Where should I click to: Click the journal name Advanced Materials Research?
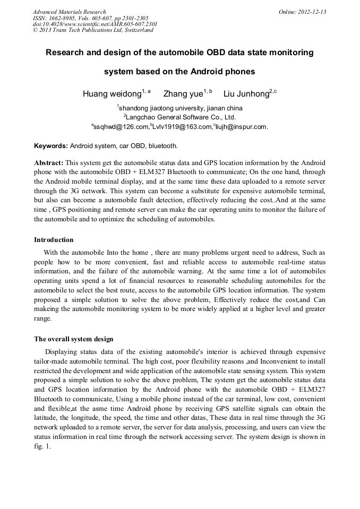tap(69, 12)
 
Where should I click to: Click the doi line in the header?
tap(95, 24)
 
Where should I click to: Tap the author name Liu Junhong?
tap(246, 94)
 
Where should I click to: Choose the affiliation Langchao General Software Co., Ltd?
tap(181, 117)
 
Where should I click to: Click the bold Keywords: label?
tap(51, 145)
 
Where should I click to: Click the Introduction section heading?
tap(54, 240)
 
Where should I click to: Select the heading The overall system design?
tap(73, 339)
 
